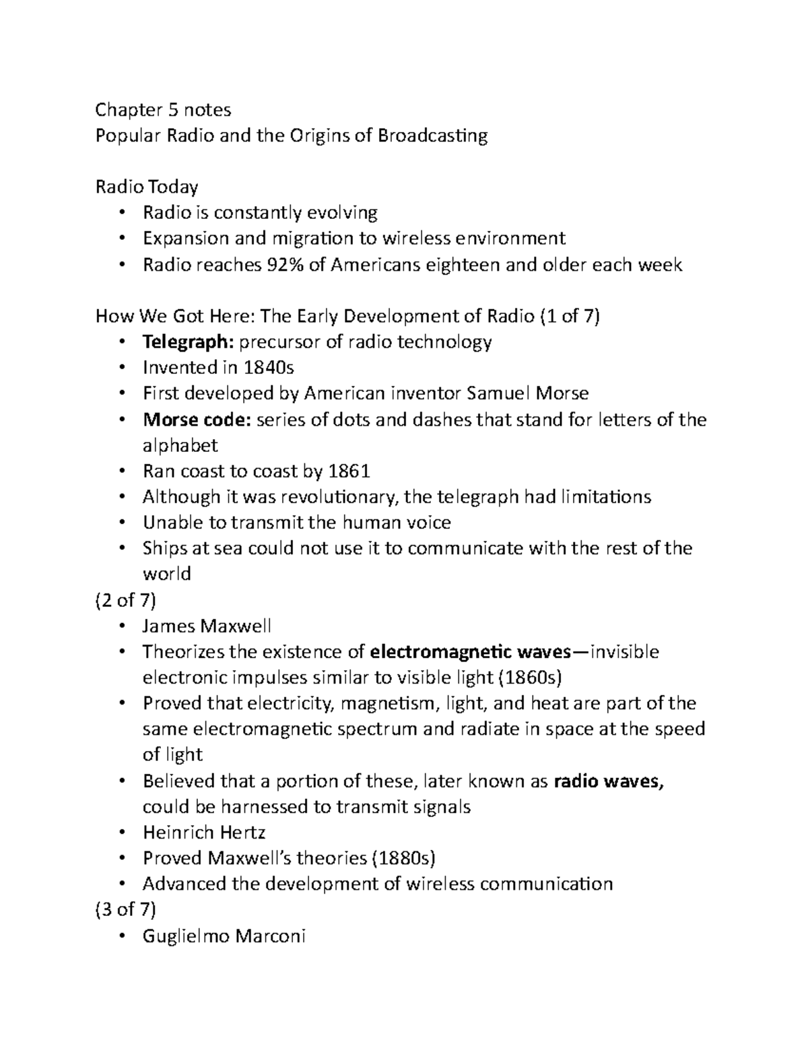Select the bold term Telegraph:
[x=188, y=342]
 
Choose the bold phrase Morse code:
[x=197, y=420]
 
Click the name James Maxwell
[x=207, y=626]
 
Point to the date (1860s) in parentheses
[x=525, y=678]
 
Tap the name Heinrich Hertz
[x=204, y=832]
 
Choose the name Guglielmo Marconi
[x=224, y=936]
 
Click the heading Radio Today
[x=147, y=187]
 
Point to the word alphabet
[x=180, y=445]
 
